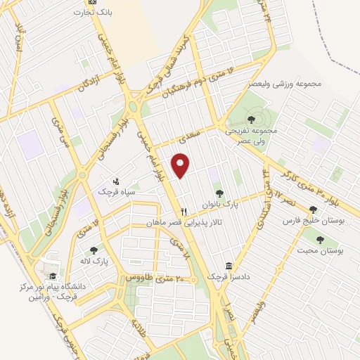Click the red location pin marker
[182, 165]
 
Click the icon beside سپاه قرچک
[116, 181]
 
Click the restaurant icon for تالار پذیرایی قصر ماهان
[184, 211]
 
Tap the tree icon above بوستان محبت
[320, 240]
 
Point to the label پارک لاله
[93, 260]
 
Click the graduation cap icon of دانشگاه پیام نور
[52, 276]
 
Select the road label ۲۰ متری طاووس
[155, 278]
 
